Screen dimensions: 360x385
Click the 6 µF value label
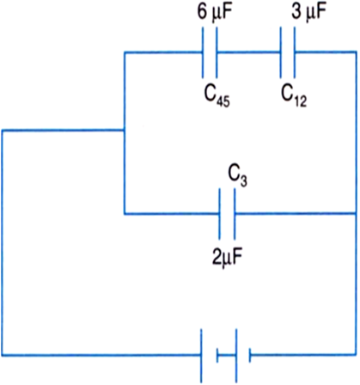click(215, 12)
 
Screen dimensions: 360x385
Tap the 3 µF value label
click(308, 12)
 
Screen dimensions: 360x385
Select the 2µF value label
click(228, 256)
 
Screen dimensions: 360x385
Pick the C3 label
click(237, 175)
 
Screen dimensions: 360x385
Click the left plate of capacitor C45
click(203, 52)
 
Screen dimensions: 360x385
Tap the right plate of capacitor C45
click(217, 52)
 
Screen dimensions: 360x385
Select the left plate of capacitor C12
click(281, 52)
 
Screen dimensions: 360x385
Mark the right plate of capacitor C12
click(294, 52)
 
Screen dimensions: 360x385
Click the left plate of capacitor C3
click(220, 214)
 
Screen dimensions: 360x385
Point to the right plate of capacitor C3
click(235, 214)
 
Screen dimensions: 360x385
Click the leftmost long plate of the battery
click(201, 356)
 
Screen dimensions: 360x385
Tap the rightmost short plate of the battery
click(250, 356)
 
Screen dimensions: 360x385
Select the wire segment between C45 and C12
click(248, 52)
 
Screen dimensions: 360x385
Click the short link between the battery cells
click(227, 356)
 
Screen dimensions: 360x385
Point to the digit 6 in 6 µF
click(202, 12)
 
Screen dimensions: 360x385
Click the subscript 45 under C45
click(223, 101)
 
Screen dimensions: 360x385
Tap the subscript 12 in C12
click(300, 101)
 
